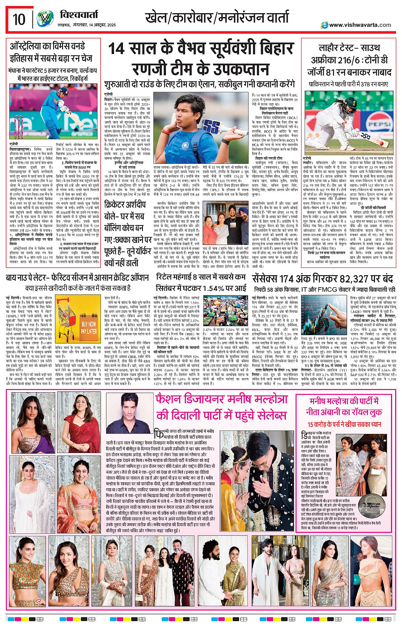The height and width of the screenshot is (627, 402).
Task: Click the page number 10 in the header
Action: tap(19, 19)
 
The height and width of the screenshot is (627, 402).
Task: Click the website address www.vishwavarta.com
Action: tap(359, 25)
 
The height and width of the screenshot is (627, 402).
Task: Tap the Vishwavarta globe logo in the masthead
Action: tap(44, 19)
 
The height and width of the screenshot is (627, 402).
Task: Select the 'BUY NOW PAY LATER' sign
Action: tap(88, 327)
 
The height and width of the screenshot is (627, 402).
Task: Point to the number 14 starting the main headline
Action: tap(119, 48)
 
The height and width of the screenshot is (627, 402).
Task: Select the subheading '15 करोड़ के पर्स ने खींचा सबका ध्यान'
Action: tap(344, 424)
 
